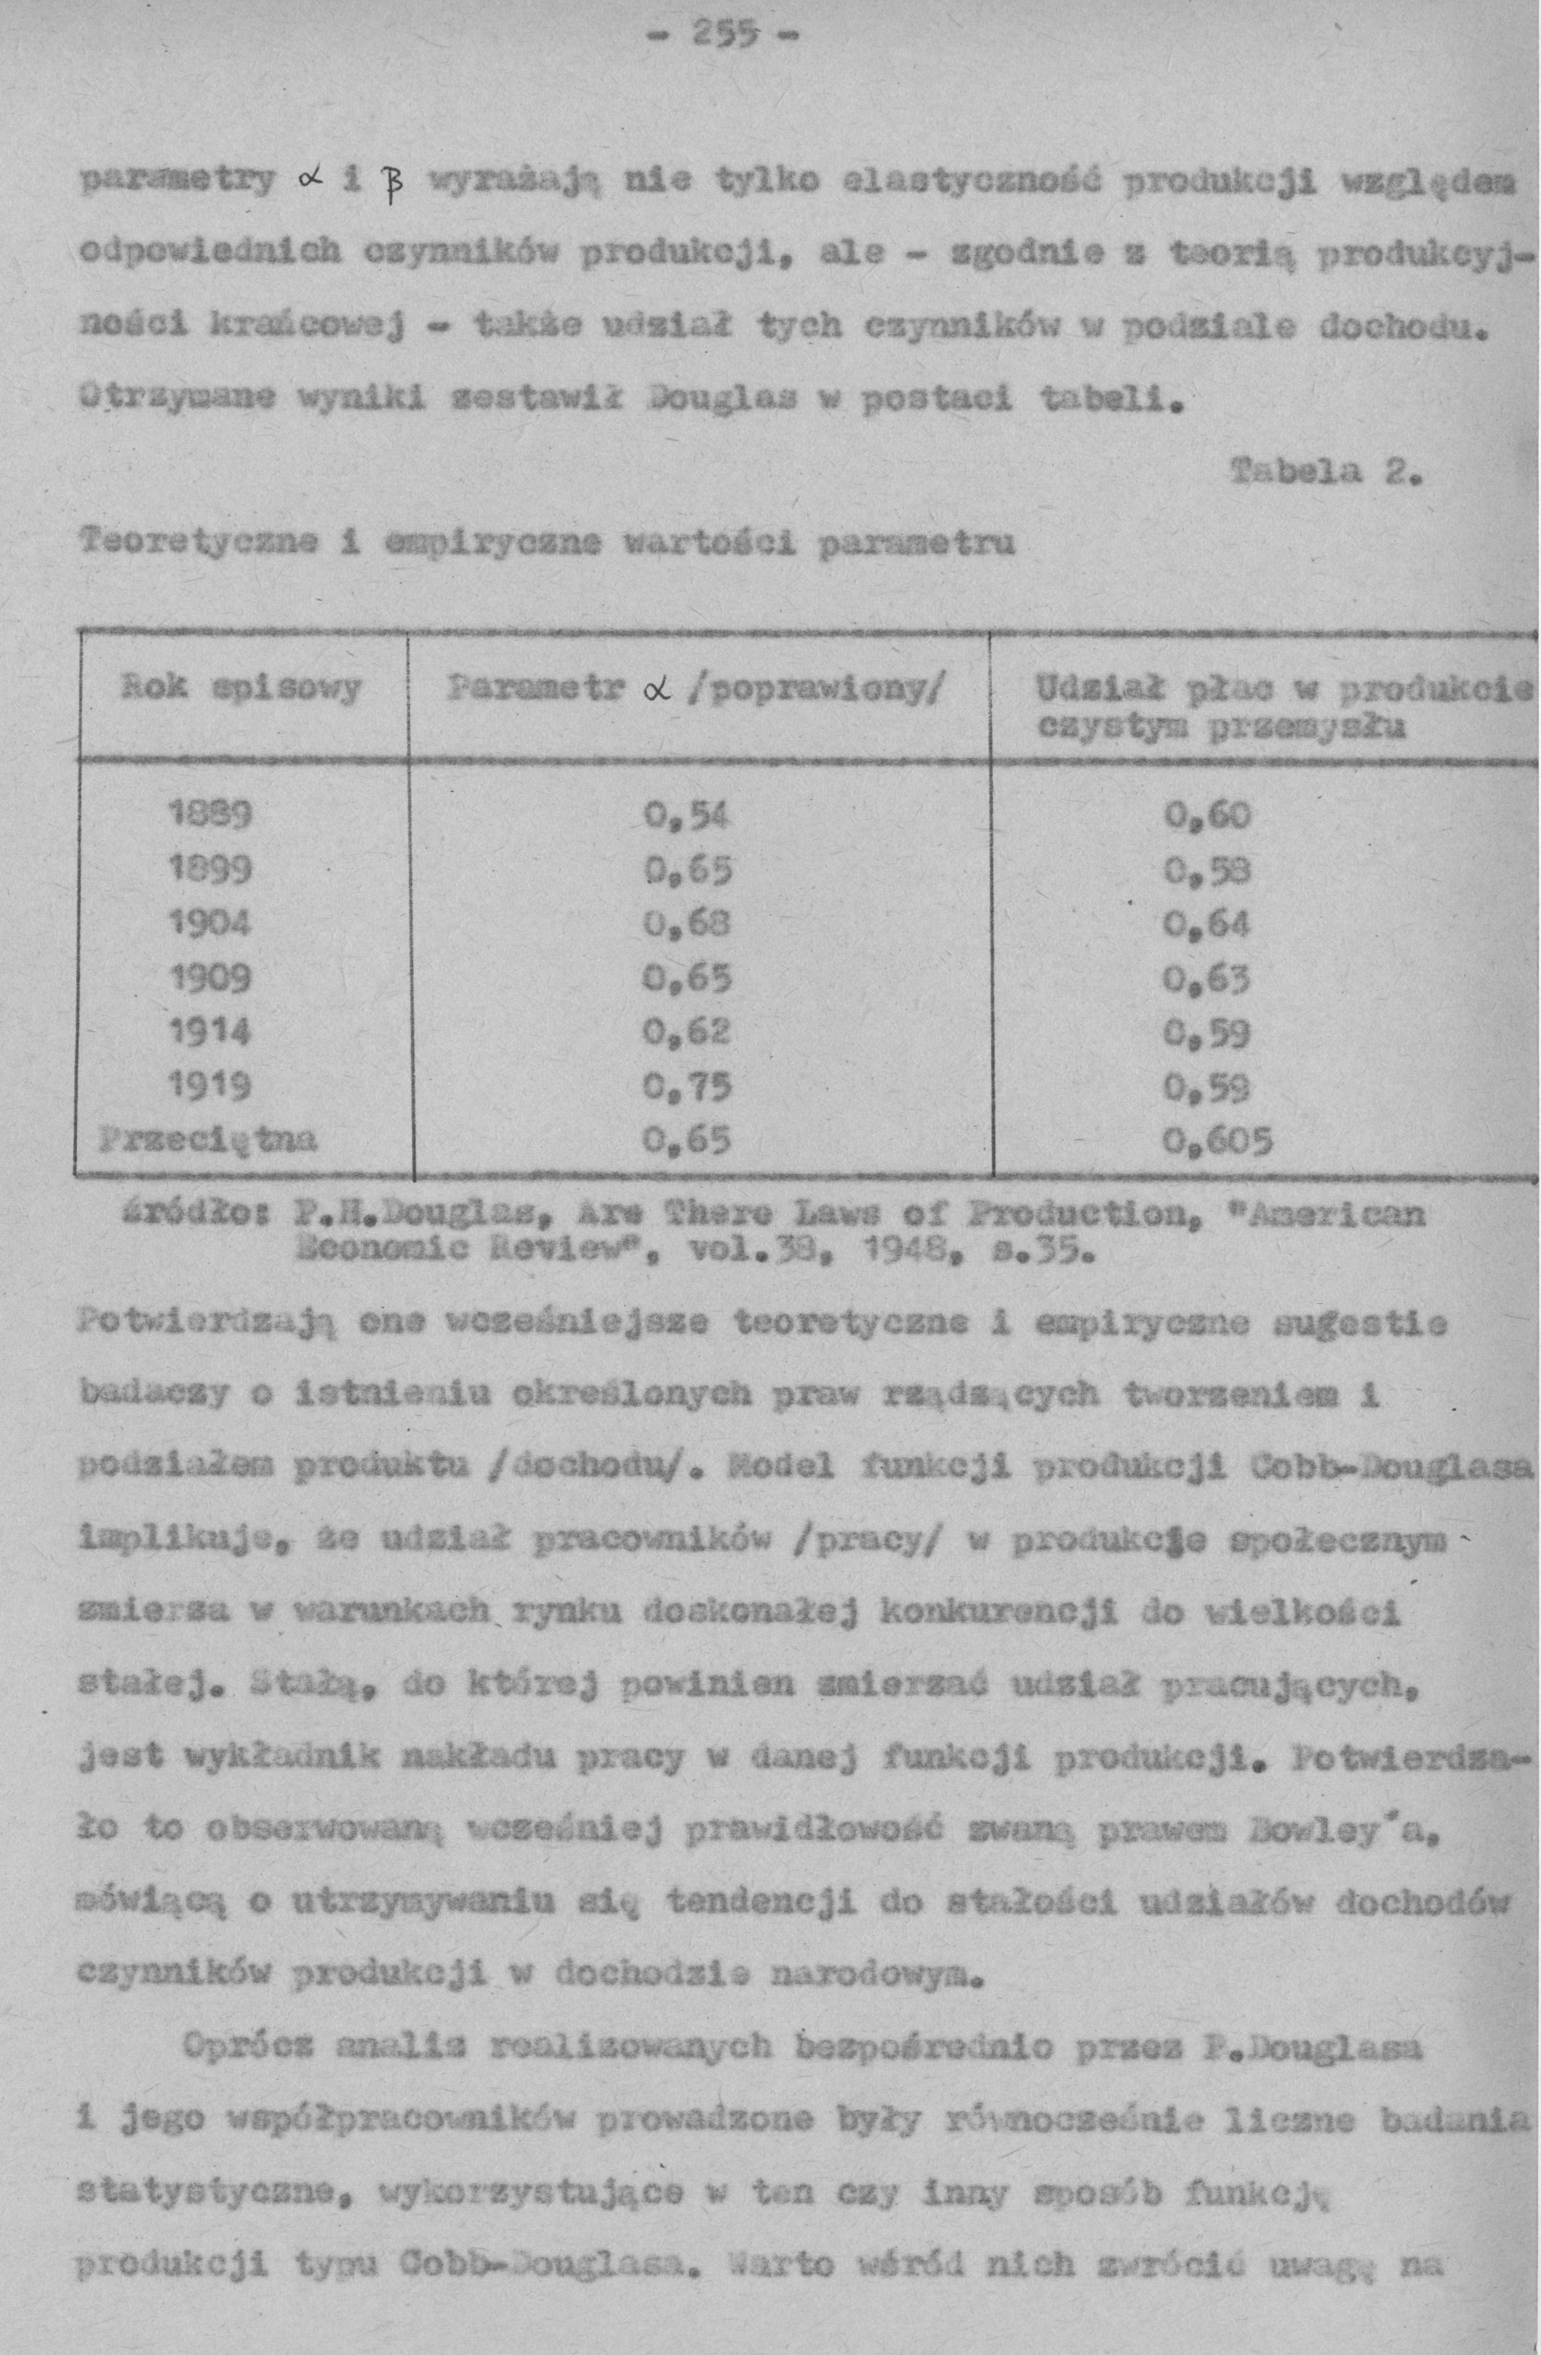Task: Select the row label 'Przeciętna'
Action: coord(210,1140)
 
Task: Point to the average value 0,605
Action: coord(1218,1143)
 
